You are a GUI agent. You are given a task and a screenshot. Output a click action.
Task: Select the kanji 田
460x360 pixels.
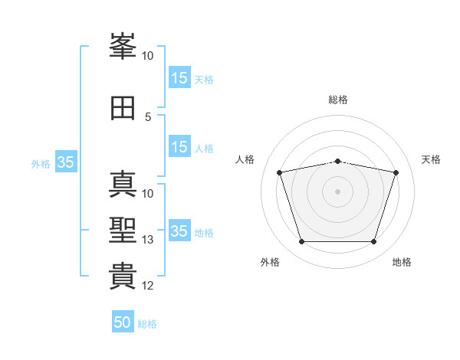[x=123, y=108]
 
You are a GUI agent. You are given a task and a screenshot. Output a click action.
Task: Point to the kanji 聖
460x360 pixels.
[x=123, y=231]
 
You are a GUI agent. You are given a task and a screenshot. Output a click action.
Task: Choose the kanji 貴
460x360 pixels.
[x=123, y=276]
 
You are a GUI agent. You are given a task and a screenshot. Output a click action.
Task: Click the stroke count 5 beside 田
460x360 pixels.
[x=148, y=116]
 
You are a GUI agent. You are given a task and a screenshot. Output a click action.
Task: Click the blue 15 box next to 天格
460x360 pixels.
[x=179, y=78]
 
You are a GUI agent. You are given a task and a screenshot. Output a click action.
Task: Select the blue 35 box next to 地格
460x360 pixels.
[x=179, y=231]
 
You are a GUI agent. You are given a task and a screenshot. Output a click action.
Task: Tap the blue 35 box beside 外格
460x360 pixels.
[x=65, y=162]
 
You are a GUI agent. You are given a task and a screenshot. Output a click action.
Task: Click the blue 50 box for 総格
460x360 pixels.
[x=123, y=322]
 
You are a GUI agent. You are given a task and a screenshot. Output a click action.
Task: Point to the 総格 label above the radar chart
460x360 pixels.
[x=337, y=100]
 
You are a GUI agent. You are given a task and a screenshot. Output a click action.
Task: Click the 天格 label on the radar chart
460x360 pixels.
[x=431, y=159]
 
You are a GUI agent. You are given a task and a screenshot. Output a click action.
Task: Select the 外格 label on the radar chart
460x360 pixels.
[x=270, y=262]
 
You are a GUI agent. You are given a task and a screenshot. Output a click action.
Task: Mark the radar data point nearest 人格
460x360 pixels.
[x=280, y=173]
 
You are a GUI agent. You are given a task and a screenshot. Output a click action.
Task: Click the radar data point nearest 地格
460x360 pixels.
[x=373, y=242]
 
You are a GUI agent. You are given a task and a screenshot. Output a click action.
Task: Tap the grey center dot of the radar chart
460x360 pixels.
[x=337, y=191]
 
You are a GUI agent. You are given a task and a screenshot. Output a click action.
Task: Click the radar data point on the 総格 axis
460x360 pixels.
[x=337, y=162]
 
